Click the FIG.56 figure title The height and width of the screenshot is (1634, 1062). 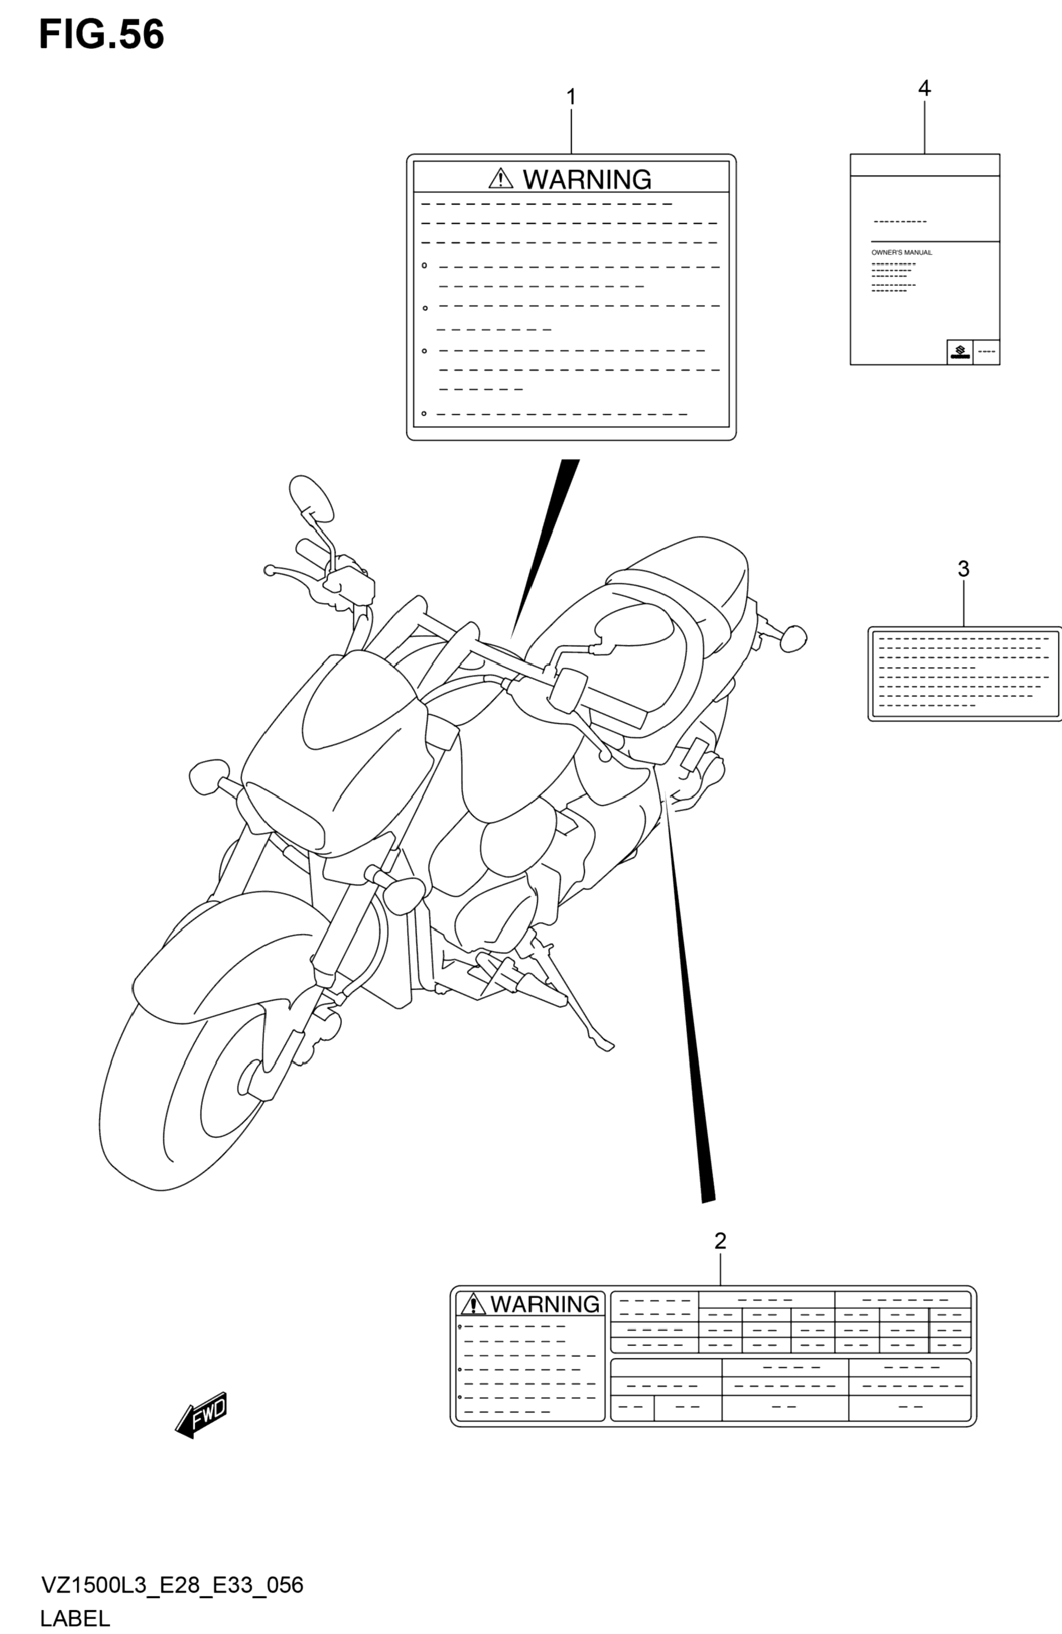101,35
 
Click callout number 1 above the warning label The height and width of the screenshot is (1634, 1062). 571,97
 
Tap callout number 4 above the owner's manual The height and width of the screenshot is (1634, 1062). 924,88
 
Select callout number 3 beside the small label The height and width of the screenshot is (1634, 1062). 963,569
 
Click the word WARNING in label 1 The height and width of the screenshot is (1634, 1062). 587,179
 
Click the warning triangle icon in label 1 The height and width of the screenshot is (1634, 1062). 501,179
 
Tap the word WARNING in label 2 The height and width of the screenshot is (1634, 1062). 545,1304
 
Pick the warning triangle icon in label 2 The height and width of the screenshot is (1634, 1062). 472,1304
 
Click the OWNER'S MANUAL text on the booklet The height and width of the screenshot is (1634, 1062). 901,252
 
